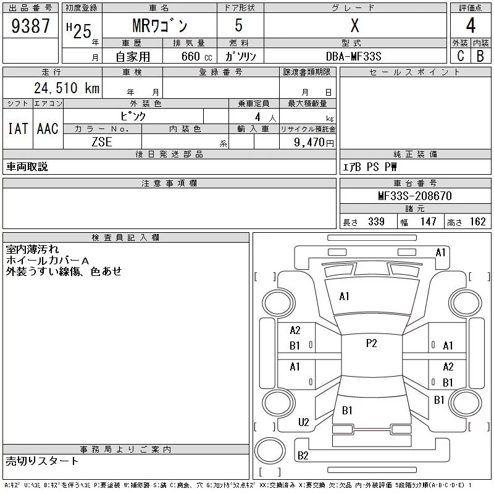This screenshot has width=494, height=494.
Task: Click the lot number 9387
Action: click(30, 27)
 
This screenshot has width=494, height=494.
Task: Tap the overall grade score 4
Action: click(471, 27)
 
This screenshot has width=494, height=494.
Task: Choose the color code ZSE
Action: click(102, 141)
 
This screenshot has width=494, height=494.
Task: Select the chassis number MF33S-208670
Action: click(415, 196)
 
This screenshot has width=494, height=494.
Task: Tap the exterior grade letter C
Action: click(460, 56)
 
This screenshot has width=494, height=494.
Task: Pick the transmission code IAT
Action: click(17, 128)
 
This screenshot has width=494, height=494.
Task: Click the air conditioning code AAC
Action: click(48, 128)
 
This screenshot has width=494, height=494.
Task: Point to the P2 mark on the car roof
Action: click(371, 343)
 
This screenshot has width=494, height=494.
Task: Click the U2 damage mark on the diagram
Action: click(303, 422)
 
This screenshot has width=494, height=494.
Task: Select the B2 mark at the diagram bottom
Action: click(303, 456)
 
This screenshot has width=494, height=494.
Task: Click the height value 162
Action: click(477, 222)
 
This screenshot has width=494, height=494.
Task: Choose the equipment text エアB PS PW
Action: click(370, 167)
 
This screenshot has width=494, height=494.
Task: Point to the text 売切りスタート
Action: click(43, 461)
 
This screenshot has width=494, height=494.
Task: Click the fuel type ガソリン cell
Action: click(240, 56)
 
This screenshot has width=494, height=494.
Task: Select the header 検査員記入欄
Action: click(126, 237)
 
